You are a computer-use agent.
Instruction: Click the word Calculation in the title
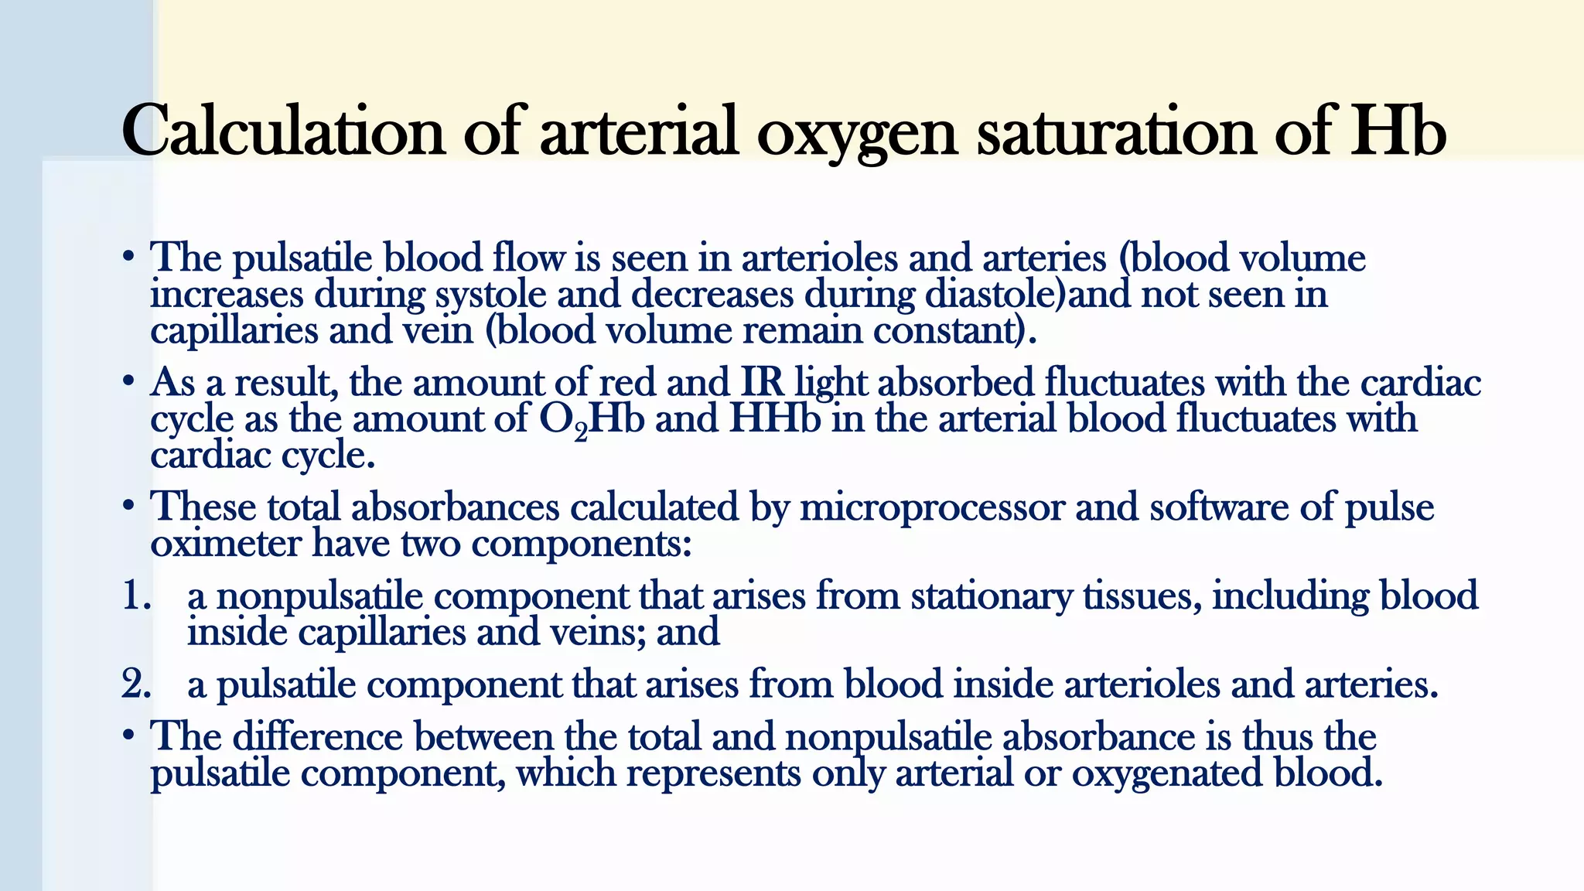pyautogui.click(x=283, y=131)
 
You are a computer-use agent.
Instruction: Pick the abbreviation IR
pyautogui.click(x=762, y=382)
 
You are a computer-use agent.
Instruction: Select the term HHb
pyautogui.click(x=774, y=418)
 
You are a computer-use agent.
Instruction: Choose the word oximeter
pyautogui.click(x=225, y=544)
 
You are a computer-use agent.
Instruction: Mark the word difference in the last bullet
pyautogui.click(x=317, y=736)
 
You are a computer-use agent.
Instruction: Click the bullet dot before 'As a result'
pyautogui.click(x=128, y=382)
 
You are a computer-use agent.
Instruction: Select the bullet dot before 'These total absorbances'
pyautogui.click(x=128, y=507)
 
